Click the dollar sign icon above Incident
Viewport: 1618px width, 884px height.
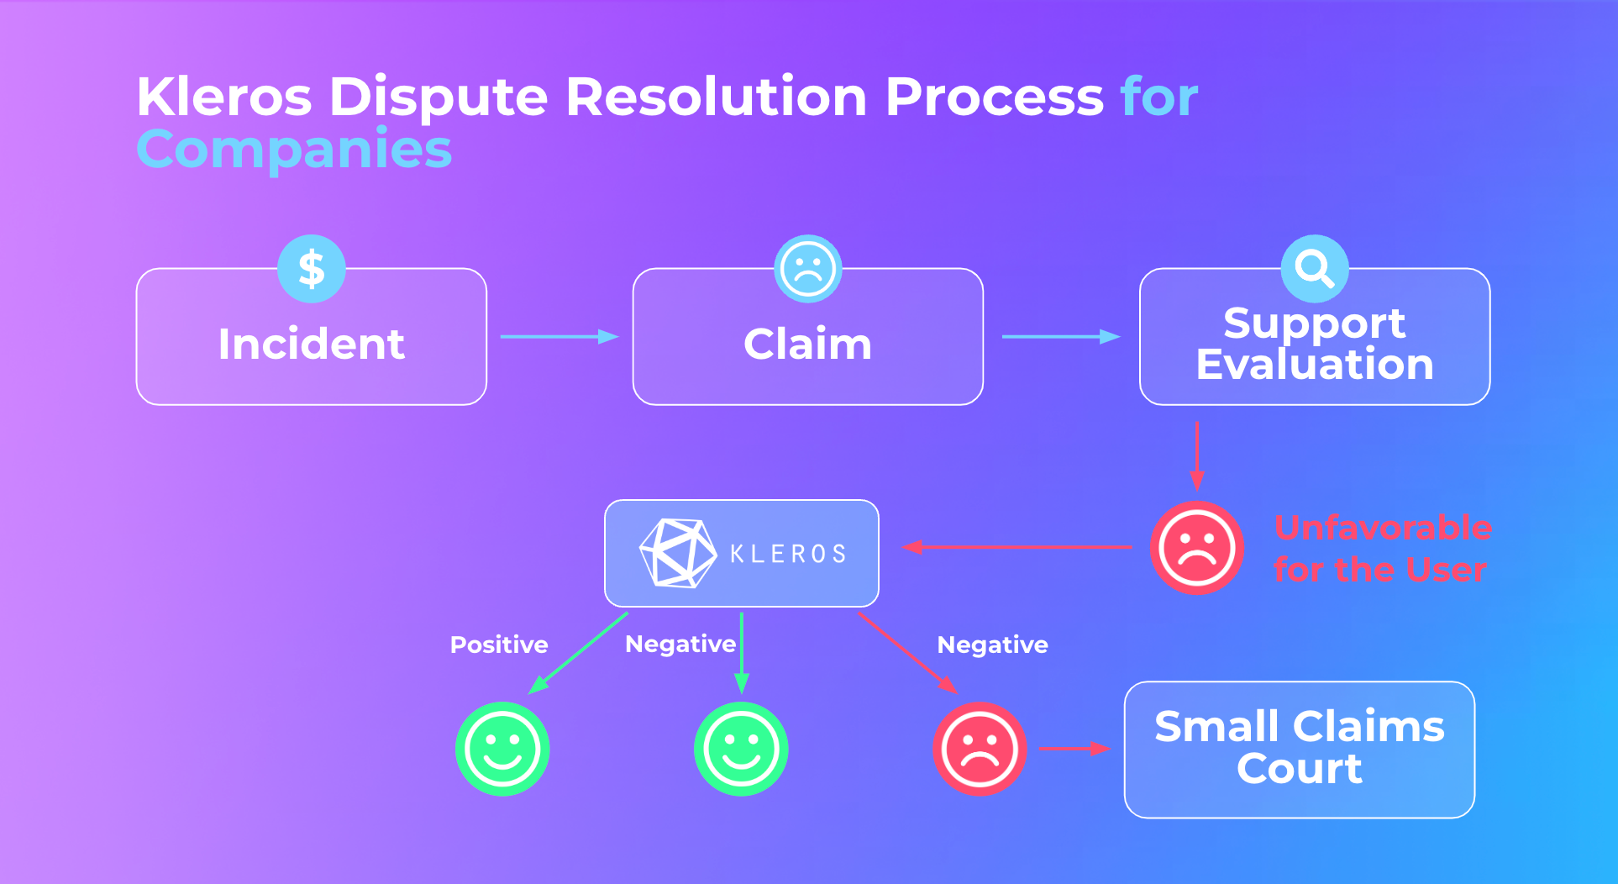[312, 269]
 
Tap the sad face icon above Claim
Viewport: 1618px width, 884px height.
[808, 269]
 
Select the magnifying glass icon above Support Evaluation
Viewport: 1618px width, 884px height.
[1315, 269]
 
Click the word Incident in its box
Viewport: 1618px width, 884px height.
[312, 344]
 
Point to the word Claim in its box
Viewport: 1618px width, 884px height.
[808, 344]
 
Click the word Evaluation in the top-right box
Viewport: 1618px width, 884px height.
[1315, 365]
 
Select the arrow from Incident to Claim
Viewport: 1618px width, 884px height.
[559, 337]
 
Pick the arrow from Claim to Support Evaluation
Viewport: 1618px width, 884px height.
[1061, 337]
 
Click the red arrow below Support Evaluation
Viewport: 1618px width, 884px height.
[1197, 455]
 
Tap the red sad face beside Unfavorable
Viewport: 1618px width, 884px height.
[1197, 548]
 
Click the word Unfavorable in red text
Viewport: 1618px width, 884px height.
[1384, 528]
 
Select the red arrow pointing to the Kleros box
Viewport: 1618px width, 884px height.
[1017, 547]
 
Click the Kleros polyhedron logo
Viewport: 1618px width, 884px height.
[678, 553]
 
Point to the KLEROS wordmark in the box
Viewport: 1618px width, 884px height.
[788, 554]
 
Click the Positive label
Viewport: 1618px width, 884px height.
[499, 645]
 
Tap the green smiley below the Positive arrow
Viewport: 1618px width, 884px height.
[502, 749]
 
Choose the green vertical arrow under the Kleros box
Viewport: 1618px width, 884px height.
[742, 653]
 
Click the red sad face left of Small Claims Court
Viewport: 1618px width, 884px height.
[980, 749]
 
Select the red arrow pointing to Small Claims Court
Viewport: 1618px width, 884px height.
[1075, 749]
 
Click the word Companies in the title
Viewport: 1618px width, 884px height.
[294, 149]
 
